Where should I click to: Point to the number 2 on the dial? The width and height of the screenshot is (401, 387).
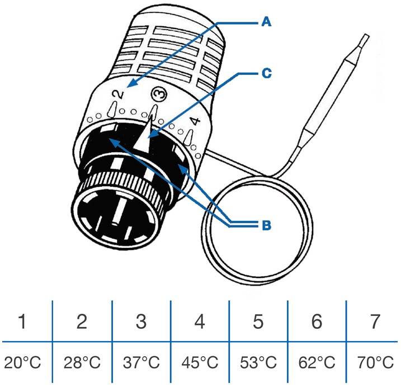point(117,96)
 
